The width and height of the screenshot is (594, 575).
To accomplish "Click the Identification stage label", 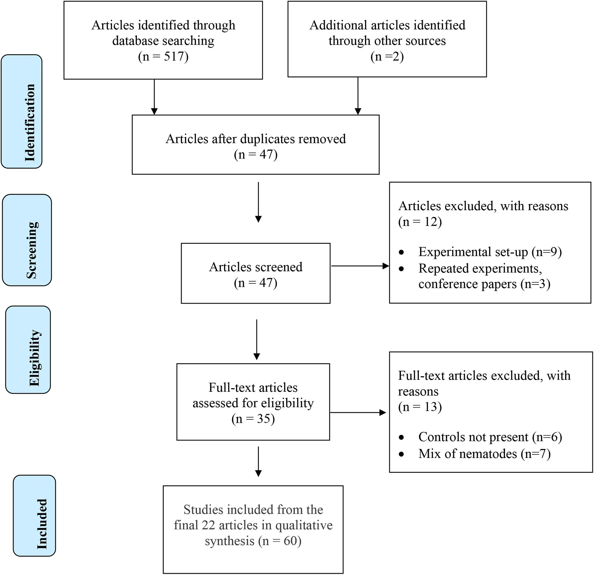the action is (x=22, y=111).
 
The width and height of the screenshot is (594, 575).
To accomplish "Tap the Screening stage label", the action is (x=27, y=240).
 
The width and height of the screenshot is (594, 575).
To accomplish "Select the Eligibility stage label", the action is (x=28, y=350).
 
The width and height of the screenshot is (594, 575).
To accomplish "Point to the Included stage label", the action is (x=35, y=516).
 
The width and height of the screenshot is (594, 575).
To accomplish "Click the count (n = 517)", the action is (x=163, y=56).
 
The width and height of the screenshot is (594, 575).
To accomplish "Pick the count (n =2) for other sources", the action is (x=387, y=56).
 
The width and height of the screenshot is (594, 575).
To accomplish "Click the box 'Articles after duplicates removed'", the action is (x=255, y=144).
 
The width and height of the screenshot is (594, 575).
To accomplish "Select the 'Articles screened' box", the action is (x=255, y=273).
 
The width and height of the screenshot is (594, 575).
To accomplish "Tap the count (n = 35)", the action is (x=253, y=419).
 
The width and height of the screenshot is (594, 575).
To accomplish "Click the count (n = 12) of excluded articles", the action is (x=420, y=222).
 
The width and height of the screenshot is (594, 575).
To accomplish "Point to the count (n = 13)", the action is (x=420, y=407).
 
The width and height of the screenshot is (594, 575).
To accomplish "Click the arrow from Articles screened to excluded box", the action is (x=360, y=266).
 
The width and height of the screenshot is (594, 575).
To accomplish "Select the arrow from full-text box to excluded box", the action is (x=358, y=412).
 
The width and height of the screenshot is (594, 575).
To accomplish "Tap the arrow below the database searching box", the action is (x=154, y=97).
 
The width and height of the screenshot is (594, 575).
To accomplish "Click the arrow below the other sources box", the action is (x=358, y=96).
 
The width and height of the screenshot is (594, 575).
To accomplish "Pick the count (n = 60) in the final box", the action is (x=280, y=541).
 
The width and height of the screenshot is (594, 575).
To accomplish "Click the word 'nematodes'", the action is (x=486, y=453).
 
